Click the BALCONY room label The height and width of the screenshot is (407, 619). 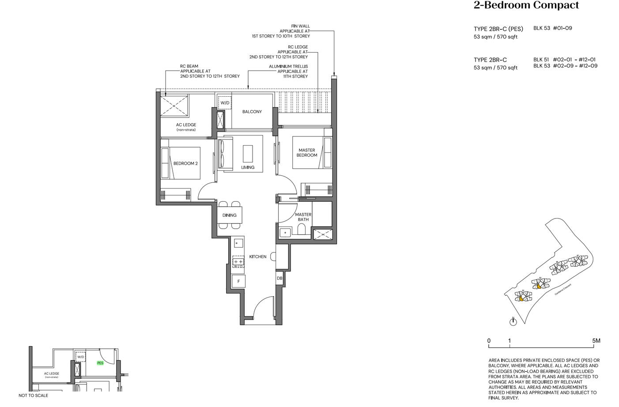coord(252,112)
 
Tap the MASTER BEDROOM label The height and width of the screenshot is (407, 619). coord(306,153)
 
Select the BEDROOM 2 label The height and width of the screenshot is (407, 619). coord(185,163)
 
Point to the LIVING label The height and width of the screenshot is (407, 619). coord(248,167)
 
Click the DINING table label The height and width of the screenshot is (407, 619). coord(230,215)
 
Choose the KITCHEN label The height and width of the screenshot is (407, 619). coord(258,256)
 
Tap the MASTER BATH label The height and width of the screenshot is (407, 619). coord(303,217)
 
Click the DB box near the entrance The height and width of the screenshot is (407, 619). coord(279,279)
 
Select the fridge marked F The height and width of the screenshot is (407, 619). coord(238,281)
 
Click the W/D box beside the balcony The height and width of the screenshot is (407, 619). coord(225,103)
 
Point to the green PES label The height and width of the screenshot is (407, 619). coord(100,363)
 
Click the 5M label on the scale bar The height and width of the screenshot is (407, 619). coord(596,341)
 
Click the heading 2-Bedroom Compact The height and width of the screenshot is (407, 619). coord(526,5)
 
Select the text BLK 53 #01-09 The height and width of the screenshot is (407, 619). coord(552,28)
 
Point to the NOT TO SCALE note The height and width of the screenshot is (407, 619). coord(33,396)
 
